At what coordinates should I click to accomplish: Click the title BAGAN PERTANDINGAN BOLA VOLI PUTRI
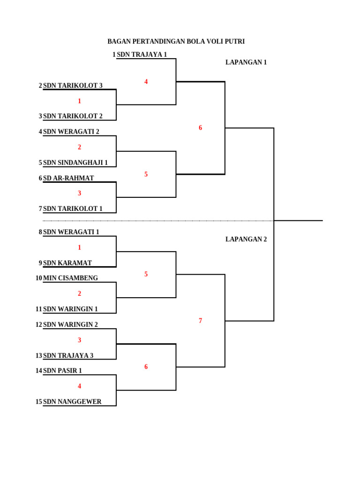pyautogui.click(x=176, y=41)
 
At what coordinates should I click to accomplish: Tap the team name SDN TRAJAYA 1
pyautogui.click(x=142, y=54)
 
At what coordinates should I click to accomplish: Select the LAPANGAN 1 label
pyautogui.click(x=246, y=62)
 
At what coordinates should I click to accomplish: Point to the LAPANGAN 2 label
pyautogui.click(x=246, y=239)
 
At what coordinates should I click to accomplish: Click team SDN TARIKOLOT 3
pyautogui.click(x=73, y=85)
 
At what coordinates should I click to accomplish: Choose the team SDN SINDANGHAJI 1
pyautogui.click(x=75, y=163)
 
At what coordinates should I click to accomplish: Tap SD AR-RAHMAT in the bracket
pyautogui.click(x=68, y=178)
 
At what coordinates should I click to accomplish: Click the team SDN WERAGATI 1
pyautogui.click(x=71, y=232)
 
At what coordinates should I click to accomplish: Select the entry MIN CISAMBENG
pyautogui.click(x=70, y=278)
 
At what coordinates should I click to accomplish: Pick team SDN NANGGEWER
pyautogui.click(x=72, y=402)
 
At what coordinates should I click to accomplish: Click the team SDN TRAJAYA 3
pyautogui.click(x=68, y=355)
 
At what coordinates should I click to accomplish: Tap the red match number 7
pyautogui.click(x=201, y=321)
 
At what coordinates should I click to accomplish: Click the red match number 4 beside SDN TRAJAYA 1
pyautogui.click(x=146, y=82)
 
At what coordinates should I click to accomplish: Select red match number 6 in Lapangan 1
pyautogui.click(x=201, y=127)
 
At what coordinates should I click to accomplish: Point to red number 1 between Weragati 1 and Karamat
pyautogui.click(x=80, y=247)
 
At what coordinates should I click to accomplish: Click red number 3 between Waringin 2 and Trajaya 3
pyautogui.click(x=80, y=340)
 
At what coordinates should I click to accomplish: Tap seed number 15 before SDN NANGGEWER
pyautogui.click(x=39, y=402)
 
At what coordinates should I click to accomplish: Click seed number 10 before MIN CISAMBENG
pyautogui.click(x=39, y=278)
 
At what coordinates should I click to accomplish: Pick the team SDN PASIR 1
pyautogui.click(x=62, y=371)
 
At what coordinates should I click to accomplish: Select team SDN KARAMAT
pyautogui.click(x=67, y=263)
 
